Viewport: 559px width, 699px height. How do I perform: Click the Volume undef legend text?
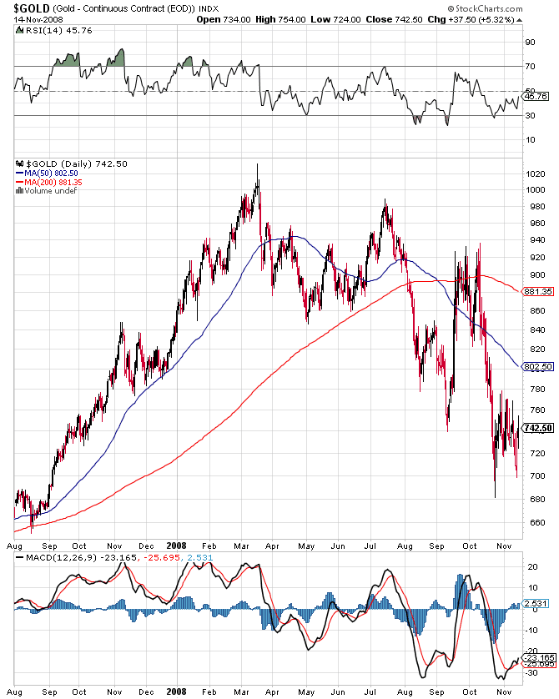pos(48,190)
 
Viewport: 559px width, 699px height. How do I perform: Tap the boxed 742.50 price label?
pos(538,428)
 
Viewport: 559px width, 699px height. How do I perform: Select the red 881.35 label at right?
pos(538,291)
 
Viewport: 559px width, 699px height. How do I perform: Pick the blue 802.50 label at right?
pos(538,367)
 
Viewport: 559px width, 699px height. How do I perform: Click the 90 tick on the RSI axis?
pos(530,42)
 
